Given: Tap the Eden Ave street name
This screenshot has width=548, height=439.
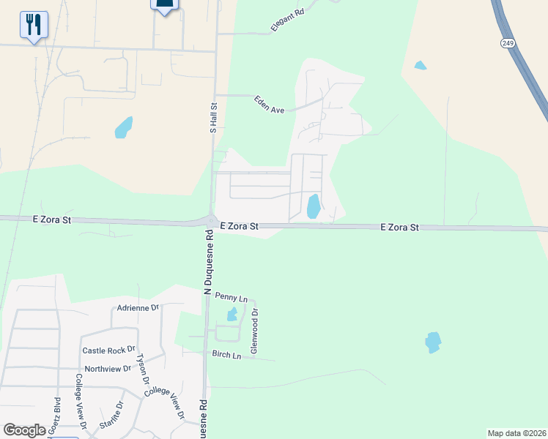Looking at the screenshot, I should pyautogui.click(x=269, y=105).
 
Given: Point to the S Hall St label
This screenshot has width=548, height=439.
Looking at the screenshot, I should pyautogui.click(x=213, y=117).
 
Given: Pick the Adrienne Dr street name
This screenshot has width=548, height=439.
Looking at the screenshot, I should pyautogui.click(x=138, y=308).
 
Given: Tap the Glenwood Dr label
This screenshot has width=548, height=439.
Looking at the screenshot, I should pyautogui.click(x=255, y=331).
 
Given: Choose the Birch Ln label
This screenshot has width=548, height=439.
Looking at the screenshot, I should pyautogui.click(x=226, y=356).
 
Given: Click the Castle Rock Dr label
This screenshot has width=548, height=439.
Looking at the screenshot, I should pyautogui.click(x=109, y=350).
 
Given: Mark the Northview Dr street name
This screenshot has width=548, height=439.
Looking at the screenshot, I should pyautogui.click(x=108, y=369).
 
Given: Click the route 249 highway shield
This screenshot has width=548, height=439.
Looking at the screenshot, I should pyautogui.click(x=508, y=44).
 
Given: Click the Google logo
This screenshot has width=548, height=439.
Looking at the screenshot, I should pyautogui.click(x=24, y=430).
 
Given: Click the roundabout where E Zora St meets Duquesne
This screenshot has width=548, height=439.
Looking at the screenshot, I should pyautogui.click(x=211, y=221).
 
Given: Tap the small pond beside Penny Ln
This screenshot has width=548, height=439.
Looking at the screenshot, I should pyautogui.click(x=232, y=315).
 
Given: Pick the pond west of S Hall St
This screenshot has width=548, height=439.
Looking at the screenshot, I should pyautogui.click(x=123, y=128).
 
